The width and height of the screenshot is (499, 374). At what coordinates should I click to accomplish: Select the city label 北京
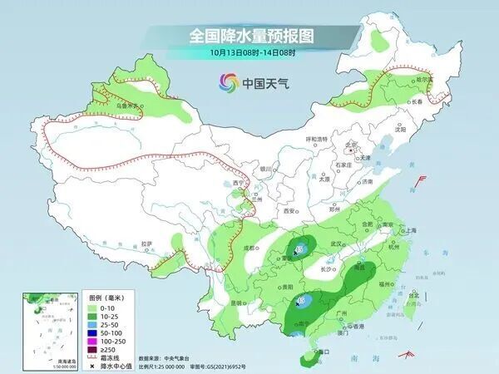pyautogui.click(x=355, y=143)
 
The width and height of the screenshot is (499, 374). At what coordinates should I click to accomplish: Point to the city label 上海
pyautogui.click(x=410, y=230)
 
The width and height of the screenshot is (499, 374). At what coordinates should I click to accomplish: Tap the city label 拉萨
pyautogui.click(x=147, y=244)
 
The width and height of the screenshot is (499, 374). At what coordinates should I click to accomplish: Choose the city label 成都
pyautogui.click(x=249, y=247)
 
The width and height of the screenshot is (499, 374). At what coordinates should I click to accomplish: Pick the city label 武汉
pyautogui.click(x=337, y=244)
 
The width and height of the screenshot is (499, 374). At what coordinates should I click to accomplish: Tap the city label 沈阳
pyautogui.click(x=402, y=130)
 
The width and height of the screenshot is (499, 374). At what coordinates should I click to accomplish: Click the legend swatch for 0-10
pyautogui.click(x=95, y=309)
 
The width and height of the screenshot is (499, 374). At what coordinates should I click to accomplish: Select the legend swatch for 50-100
pyautogui.click(x=95, y=332)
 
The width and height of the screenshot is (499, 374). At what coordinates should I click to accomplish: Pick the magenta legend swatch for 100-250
pyautogui.click(x=95, y=342)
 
